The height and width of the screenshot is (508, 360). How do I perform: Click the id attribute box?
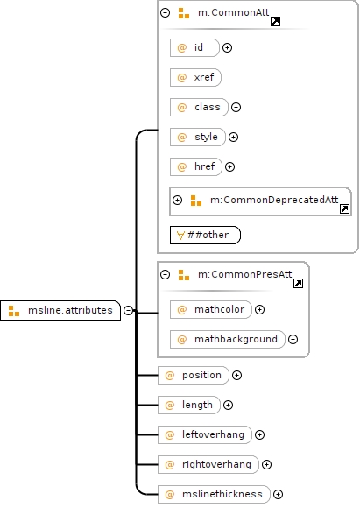(x=194, y=47)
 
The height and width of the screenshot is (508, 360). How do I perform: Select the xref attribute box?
(x=195, y=77)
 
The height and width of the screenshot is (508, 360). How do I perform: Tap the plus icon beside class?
(x=236, y=107)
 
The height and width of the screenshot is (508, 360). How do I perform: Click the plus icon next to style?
(x=233, y=137)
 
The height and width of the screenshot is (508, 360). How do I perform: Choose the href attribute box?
(x=195, y=166)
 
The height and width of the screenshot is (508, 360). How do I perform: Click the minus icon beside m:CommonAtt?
(x=166, y=12)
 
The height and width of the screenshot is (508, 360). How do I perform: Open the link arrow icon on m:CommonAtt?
(x=275, y=22)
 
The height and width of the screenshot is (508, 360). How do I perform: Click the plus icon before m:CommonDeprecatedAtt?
(x=177, y=200)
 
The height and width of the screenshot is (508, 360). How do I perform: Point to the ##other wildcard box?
(x=205, y=235)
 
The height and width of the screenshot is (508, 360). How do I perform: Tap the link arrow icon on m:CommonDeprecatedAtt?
(x=344, y=209)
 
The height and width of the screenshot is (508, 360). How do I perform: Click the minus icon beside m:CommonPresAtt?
(x=166, y=275)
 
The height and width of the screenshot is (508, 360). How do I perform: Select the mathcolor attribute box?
(x=210, y=309)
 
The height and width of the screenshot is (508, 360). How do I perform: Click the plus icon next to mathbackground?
(x=293, y=339)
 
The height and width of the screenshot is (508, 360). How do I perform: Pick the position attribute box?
(x=193, y=375)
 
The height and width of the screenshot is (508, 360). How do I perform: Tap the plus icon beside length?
(x=228, y=405)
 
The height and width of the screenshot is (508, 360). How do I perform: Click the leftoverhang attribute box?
(x=205, y=434)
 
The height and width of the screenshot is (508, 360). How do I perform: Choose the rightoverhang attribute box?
(x=208, y=464)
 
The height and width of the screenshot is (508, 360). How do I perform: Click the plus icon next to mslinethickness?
(x=278, y=494)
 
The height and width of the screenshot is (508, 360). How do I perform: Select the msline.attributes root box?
(x=60, y=310)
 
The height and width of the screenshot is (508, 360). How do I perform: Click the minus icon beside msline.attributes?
(x=128, y=310)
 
